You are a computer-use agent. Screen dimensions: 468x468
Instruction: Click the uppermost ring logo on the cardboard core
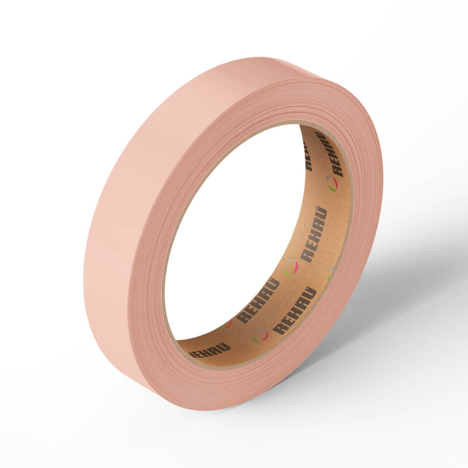[332, 183]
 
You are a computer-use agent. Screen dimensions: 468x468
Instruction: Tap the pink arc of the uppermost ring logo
[335, 183]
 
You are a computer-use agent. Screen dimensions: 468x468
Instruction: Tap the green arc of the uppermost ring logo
[331, 188]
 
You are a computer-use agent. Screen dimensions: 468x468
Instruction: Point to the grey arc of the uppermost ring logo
[329, 178]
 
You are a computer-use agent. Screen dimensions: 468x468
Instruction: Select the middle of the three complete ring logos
[291, 267]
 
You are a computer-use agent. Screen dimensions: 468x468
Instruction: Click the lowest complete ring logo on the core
[260, 336]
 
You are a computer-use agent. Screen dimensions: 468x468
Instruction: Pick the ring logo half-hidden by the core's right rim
[331, 272]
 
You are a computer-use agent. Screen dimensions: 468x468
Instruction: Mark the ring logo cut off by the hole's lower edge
[226, 324]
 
